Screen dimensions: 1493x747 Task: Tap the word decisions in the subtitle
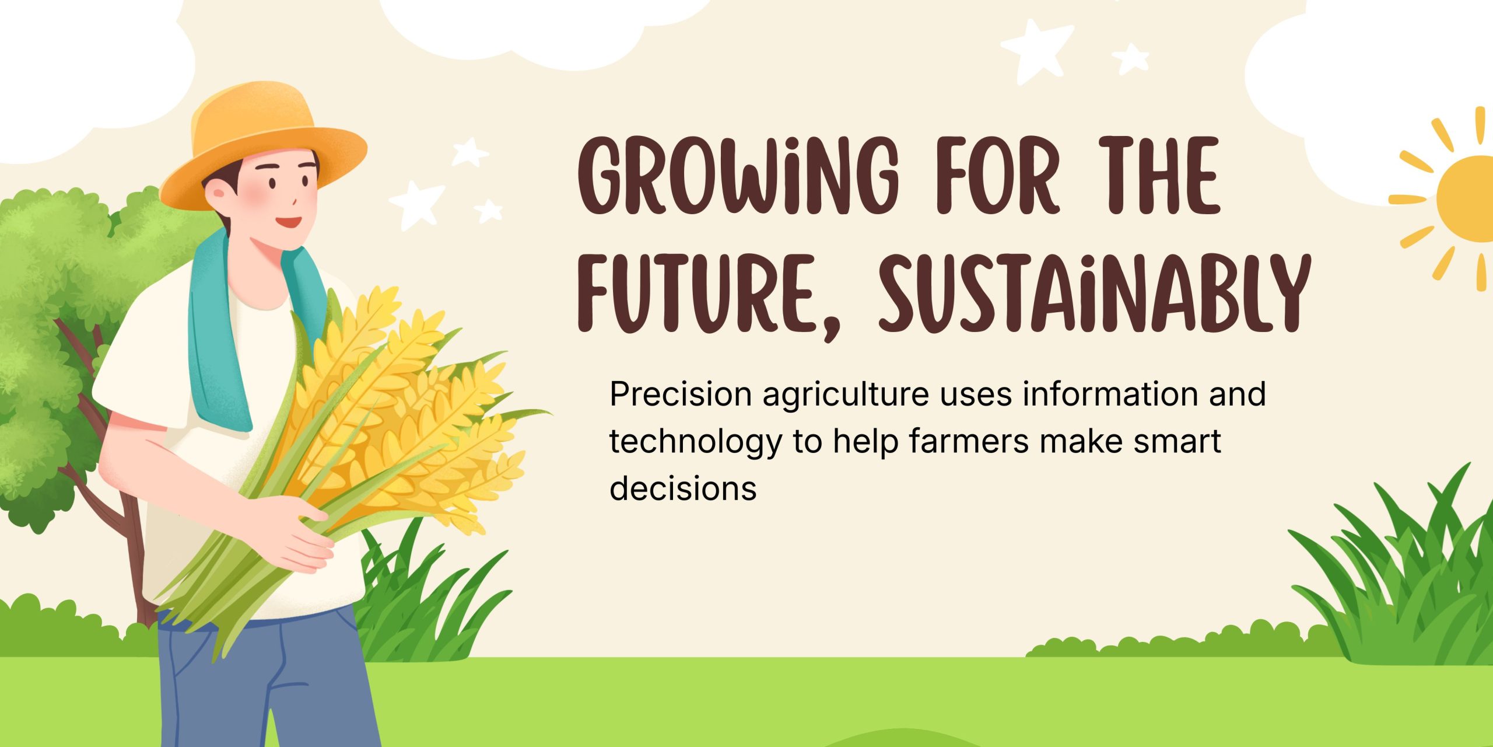[x=683, y=488]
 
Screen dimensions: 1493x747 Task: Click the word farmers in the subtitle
[x=969, y=441]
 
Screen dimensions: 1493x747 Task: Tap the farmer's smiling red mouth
[x=289, y=222]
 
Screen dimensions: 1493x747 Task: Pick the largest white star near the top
[x=1035, y=50]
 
